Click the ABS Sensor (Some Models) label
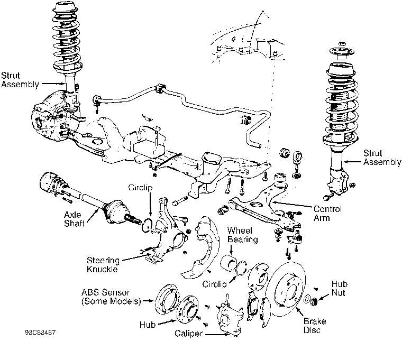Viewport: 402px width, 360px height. (x=111, y=297)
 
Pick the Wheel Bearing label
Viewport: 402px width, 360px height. (x=242, y=235)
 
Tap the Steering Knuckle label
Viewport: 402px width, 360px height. (x=103, y=264)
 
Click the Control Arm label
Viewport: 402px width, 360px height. (x=327, y=213)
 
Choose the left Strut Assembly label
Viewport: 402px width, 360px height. (x=20, y=79)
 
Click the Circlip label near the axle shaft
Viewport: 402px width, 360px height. (x=141, y=188)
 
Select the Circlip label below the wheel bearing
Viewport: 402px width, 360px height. (x=214, y=284)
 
